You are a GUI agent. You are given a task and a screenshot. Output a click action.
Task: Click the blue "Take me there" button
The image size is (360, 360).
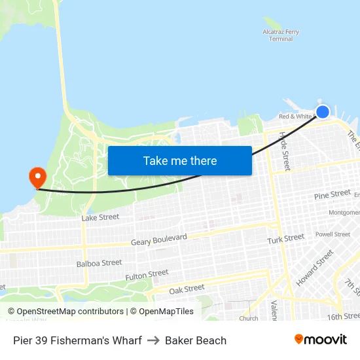click(x=180, y=160)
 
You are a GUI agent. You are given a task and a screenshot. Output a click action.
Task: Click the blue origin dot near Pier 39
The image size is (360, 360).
click(x=323, y=111)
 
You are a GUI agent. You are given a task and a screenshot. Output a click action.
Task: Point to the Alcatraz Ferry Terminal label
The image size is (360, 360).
click(x=281, y=35)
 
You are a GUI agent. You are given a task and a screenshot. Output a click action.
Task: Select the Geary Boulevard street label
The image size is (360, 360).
click(x=159, y=240)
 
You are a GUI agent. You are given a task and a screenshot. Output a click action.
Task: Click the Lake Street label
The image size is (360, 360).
click(x=100, y=217)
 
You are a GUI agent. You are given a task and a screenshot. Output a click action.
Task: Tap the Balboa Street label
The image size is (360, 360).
click(x=99, y=263)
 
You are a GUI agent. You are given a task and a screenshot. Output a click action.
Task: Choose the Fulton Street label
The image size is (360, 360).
click(x=147, y=275)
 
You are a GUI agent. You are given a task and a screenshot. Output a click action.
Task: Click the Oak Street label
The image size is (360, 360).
click(x=187, y=289)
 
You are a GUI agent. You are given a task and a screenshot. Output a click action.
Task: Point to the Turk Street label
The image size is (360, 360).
click(x=285, y=239)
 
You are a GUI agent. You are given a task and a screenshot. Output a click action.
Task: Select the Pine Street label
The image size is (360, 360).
click(x=332, y=194)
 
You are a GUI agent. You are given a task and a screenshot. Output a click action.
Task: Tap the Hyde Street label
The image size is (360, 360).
click(x=284, y=151)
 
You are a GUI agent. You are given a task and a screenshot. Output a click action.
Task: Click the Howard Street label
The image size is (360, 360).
click(x=315, y=268)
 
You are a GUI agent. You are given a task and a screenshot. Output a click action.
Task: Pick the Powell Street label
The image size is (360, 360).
click(x=333, y=234)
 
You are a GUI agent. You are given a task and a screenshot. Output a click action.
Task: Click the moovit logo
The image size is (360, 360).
click(x=320, y=340)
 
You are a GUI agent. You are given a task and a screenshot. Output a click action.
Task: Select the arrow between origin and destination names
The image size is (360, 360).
click(x=153, y=340)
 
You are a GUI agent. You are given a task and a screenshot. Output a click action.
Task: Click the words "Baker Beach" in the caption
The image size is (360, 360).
click(x=196, y=340)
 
